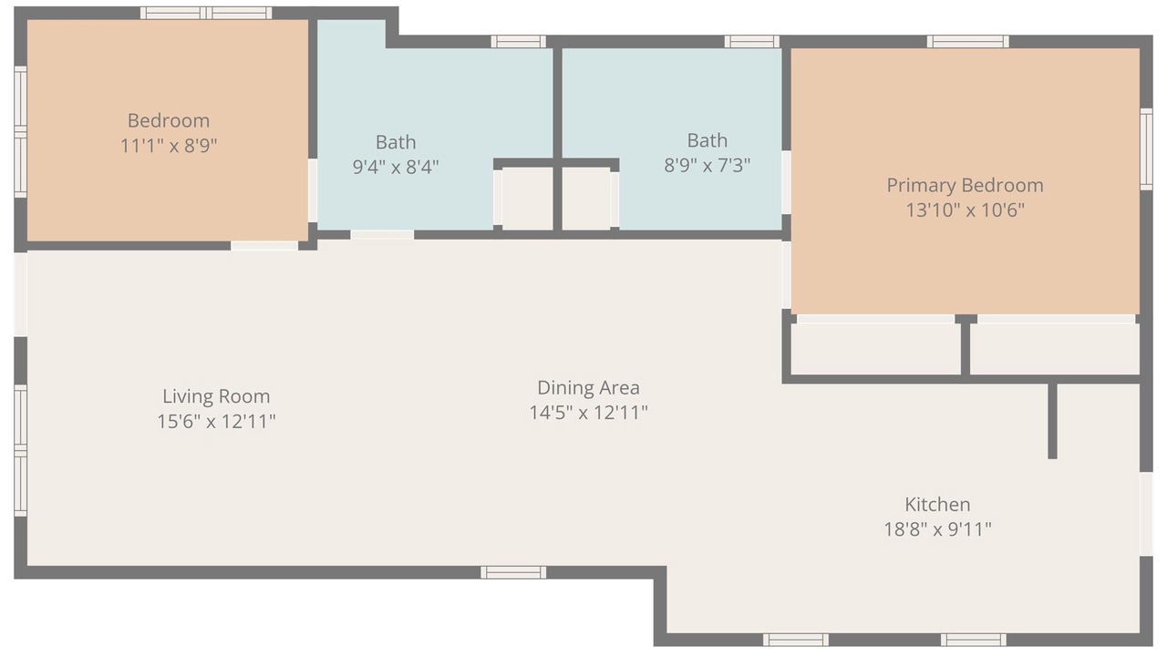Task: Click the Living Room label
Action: click(x=216, y=396)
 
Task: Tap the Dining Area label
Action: click(x=588, y=388)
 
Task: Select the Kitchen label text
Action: click(x=937, y=505)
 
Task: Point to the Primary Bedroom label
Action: click(x=965, y=186)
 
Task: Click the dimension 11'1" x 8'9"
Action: click(x=169, y=146)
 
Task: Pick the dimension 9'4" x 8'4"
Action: click(x=396, y=167)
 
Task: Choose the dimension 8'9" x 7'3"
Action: click(x=707, y=166)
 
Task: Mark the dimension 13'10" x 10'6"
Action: click(x=965, y=210)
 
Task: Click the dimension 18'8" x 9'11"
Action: click(x=937, y=529)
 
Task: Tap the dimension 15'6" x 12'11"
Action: click(x=216, y=421)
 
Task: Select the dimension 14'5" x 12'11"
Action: click(x=588, y=413)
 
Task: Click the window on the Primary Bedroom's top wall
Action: click(x=967, y=42)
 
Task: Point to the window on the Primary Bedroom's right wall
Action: click(x=1146, y=149)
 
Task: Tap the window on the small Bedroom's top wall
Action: click(x=206, y=13)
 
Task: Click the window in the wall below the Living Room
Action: click(x=513, y=573)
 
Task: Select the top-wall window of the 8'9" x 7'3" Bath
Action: click(x=752, y=42)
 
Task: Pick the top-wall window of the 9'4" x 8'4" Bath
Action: click(x=519, y=42)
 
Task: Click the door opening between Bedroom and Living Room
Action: click(x=264, y=245)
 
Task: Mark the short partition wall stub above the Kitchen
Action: click(x=1052, y=421)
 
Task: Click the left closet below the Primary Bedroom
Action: click(x=876, y=349)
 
